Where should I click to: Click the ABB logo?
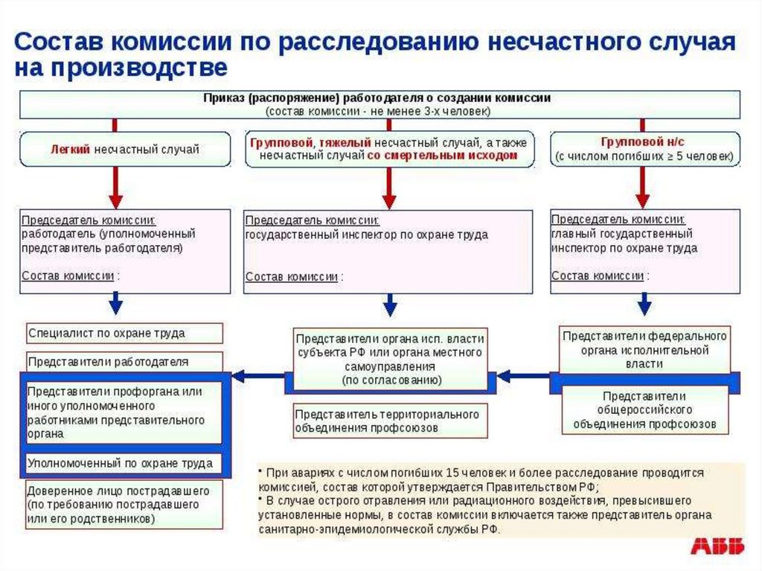click(717, 547)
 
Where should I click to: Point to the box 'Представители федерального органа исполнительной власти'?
click(644, 350)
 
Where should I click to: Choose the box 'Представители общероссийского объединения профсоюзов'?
click(644, 410)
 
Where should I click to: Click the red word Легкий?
click(70, 149)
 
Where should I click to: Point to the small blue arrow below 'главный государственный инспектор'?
click(644, 303)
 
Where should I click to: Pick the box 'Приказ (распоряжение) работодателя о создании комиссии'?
click(379, 104)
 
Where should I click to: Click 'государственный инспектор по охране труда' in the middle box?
click(367, 235)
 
